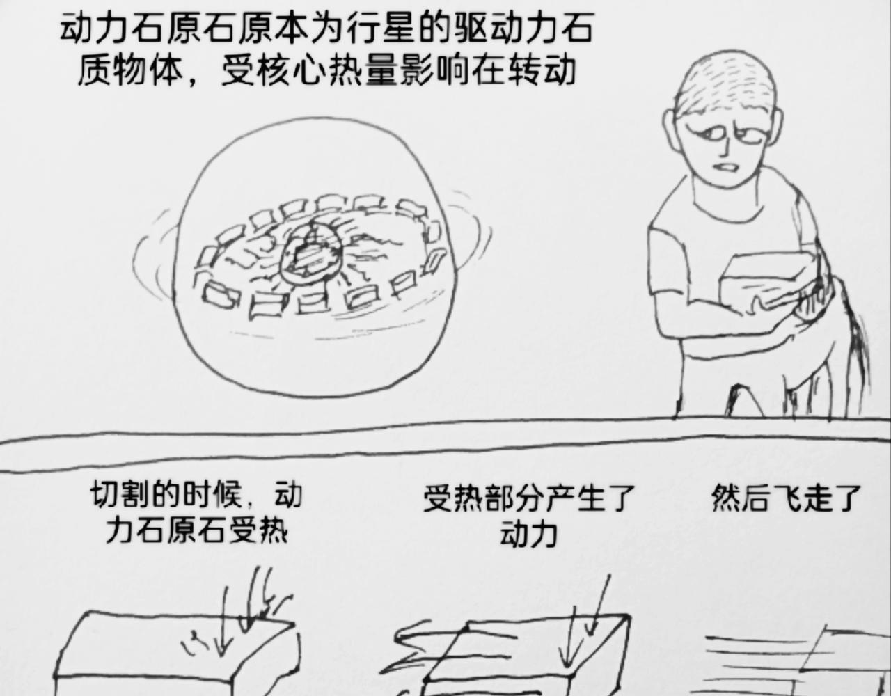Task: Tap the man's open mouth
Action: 726,168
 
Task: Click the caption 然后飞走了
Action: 785,498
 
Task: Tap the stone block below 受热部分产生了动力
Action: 525,656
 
